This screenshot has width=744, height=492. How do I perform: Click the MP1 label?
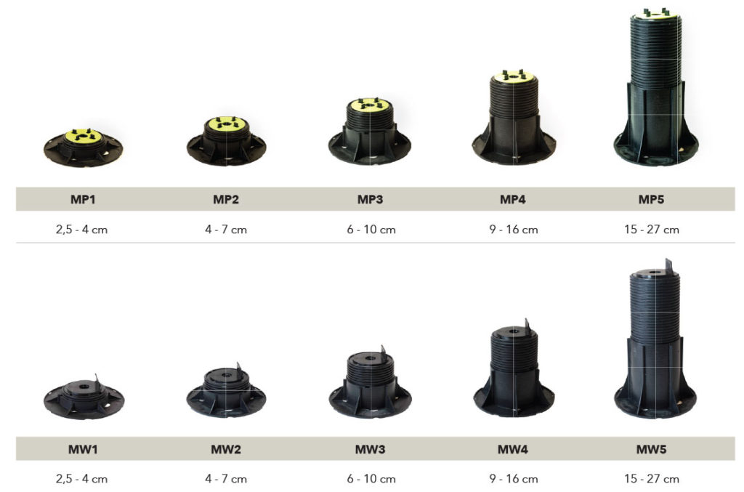[83, 199]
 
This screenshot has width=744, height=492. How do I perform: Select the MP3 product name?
[370, 199]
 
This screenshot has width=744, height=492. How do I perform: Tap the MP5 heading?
[651, 199]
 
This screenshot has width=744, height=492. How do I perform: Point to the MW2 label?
[226, 449]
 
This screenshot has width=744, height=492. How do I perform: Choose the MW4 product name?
[512, 449]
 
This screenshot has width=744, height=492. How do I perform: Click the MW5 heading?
[651, 449]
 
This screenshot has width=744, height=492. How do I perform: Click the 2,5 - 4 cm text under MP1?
[81, 230]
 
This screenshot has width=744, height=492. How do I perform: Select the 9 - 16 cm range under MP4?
[514, 230]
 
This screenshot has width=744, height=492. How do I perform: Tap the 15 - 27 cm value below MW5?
[652, 479]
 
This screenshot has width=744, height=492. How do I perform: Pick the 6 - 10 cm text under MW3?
[371, 479]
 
